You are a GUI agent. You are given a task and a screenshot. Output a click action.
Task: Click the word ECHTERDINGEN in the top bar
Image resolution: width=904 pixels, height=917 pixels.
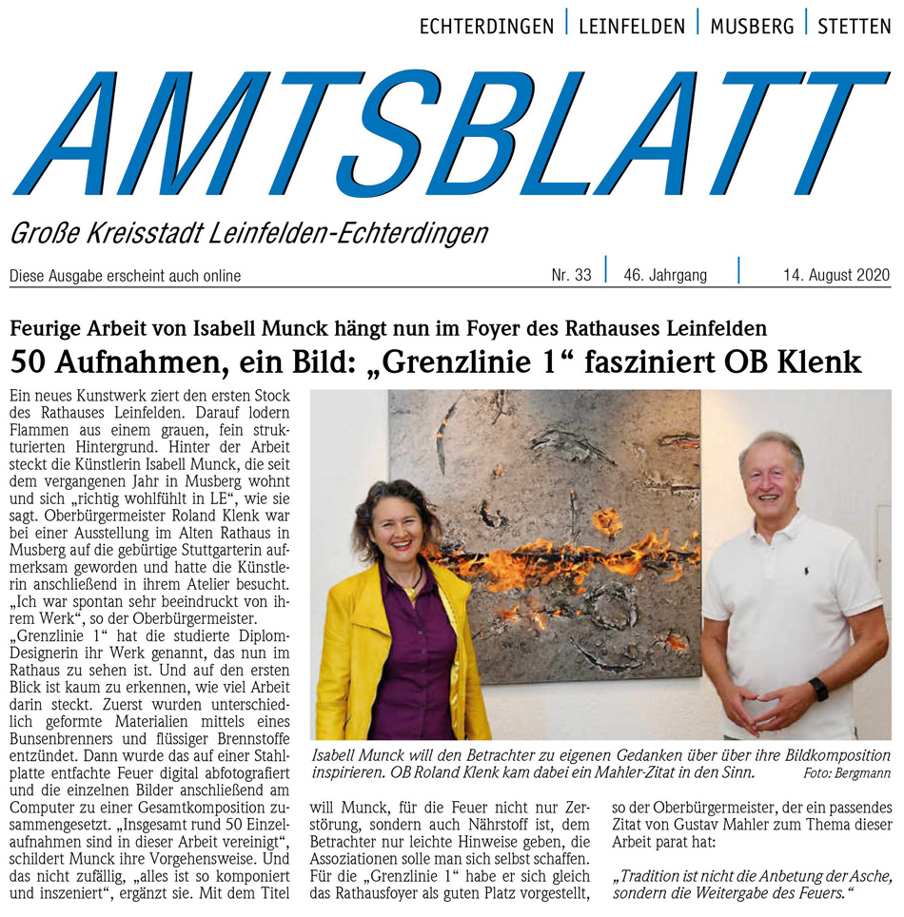[x=486, y=27]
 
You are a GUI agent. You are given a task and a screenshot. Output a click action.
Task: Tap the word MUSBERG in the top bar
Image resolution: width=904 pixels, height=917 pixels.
[x=752, y=27]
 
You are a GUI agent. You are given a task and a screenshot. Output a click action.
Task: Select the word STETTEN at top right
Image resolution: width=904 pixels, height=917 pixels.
[x=854, y=27]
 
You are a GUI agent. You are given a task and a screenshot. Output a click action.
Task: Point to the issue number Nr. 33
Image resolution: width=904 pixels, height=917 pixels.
[x=571, y=276]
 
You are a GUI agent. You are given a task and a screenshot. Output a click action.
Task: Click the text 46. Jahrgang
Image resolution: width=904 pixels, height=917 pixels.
[x=665, y=276]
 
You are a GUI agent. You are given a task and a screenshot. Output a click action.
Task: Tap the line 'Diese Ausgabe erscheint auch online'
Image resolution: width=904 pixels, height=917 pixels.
[x=125, y=277]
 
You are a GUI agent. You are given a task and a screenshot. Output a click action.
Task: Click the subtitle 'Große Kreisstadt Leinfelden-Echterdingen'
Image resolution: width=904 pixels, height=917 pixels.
[x=248, y=233]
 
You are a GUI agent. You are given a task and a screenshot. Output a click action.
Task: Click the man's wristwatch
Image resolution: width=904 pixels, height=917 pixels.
[x=818, y=689]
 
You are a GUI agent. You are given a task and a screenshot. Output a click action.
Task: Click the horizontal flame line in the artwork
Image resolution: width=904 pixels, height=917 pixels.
[x=561, y=556]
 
